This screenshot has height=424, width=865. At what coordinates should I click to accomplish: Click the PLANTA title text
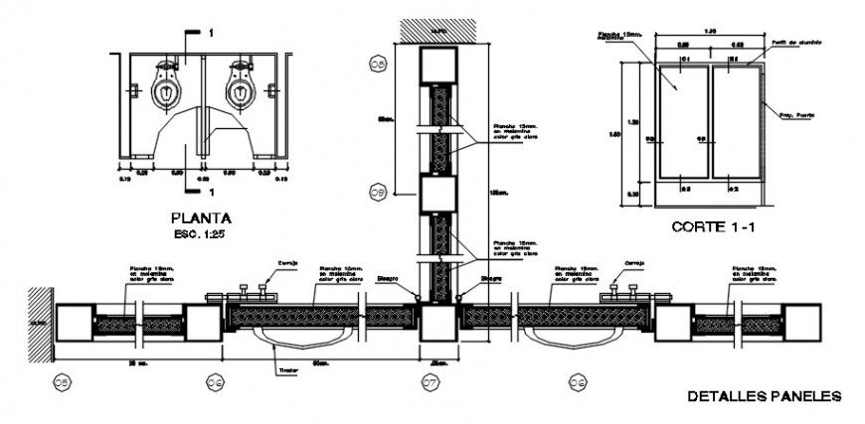pyautogui.click(x=201, y=217)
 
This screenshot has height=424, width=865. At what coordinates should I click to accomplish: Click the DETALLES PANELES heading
pyautogui.click(x=765, y=396)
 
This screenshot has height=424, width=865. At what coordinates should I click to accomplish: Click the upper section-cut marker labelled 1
pyautogui.click(x=210, y=34)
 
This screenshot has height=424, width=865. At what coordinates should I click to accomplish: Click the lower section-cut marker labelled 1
pyautogui.click(x=210, y=189)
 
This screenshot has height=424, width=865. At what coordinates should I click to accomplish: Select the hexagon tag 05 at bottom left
pyautogui.click(x=62, y=379)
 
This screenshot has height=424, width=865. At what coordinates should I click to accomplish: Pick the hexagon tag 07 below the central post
pyautogui.click(x=430, y=379)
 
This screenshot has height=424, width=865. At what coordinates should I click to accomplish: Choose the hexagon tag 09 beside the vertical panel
pyautogui.click(x=378, y=190)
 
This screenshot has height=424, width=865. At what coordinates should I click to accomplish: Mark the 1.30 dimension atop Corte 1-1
pyautogui.click(x=708, y=33)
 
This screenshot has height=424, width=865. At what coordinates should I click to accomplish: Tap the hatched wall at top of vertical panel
pyautogui.click(x=435, y=30)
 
